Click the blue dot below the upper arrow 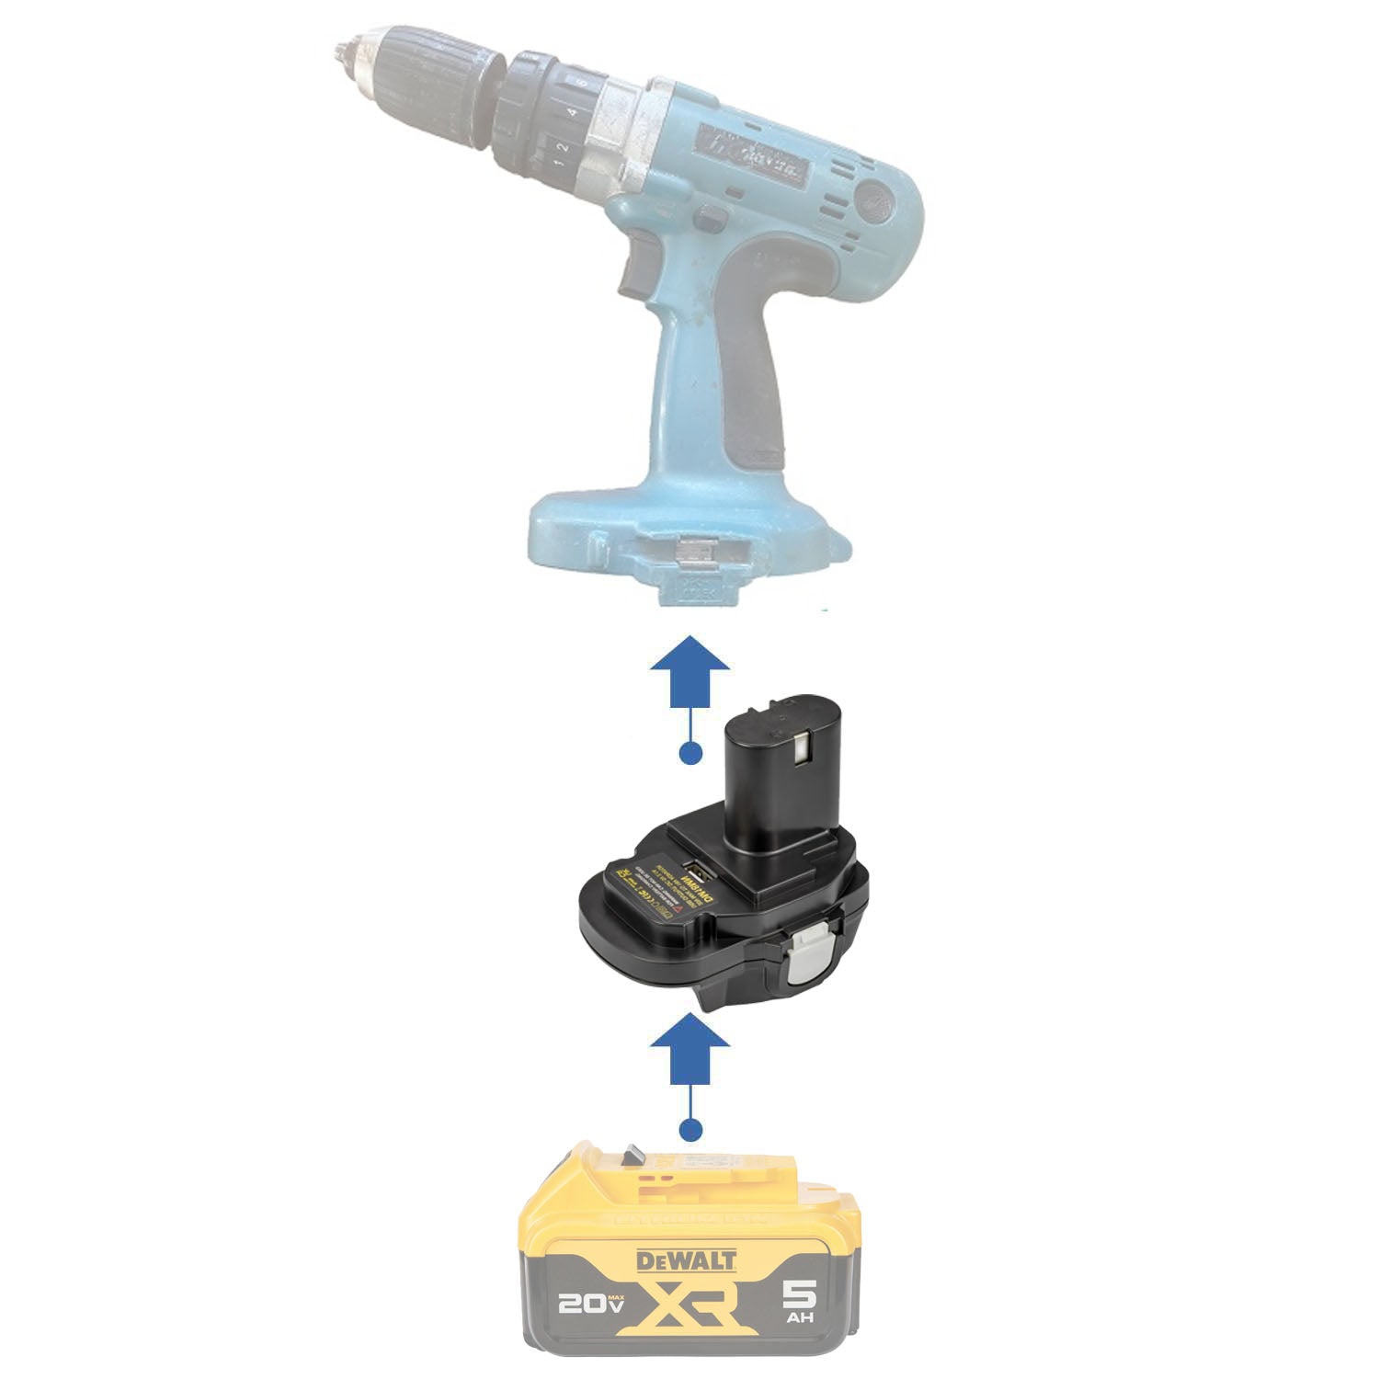pos(689,754)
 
